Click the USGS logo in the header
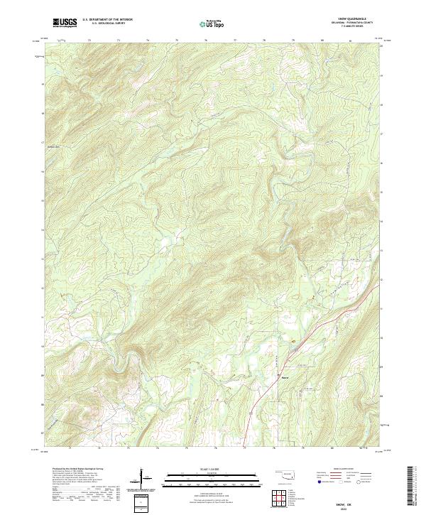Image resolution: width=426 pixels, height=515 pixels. pyautogui.click(x=65, y=23)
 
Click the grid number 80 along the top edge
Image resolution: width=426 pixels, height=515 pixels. pyautogui.click(x=322, y=41)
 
